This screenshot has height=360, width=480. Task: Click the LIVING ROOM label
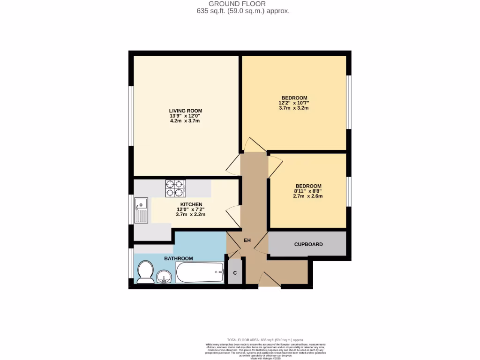pyautogui.click(x=186, y=111)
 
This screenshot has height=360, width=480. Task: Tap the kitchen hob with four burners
pyautogui.click(x=175, y=188)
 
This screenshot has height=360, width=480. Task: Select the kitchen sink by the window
pyautogui.click(x=141, y=210)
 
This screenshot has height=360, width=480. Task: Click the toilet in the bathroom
pyautogui.click(x=145, y=272)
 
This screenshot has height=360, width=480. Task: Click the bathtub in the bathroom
pyautogui.click(x=200, y=272)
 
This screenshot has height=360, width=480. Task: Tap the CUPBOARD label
pyautogui.click(x=308, y=245)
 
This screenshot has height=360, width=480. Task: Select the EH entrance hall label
pyautogui.click(x=247, y=240)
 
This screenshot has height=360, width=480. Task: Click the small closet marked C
pyautogui.click(x=235, y=273)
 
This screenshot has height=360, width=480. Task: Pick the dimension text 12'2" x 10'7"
pyautogui.click(x=294, y=103)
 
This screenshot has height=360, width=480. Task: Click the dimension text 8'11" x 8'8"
pyautogui.click(x=308, y=191)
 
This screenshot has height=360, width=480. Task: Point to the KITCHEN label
pyautogui.click(x=191, y=204)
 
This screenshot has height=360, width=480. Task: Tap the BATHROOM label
pyautogui.click(x=178, y=259)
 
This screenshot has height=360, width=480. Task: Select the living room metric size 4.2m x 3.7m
pyautogui.click(x=185, y=121)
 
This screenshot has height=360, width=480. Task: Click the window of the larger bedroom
pyautogui.click(x=349, y=102)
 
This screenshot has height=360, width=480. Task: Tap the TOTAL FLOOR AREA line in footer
pyautogui.click(x=265, y=340)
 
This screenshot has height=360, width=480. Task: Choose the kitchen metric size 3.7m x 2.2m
pyautogui.click(x=190, y=215)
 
